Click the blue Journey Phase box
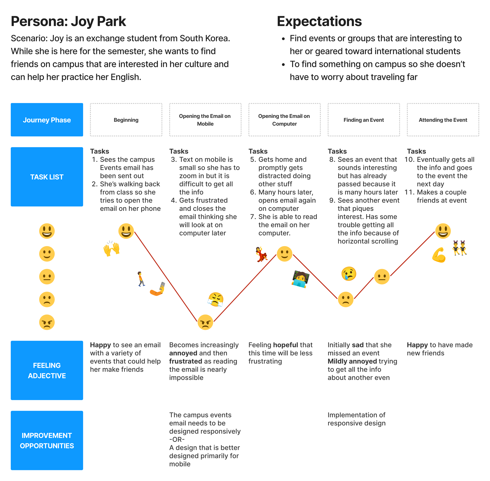pos(47,120)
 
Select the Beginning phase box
pos(126,120)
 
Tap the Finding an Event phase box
pos(363,120)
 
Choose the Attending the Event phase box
pos(442,120)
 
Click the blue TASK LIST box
pos(47,177)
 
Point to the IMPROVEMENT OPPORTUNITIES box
pos(47,440)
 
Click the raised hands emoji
pos(111,249)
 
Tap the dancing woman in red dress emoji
pos(261,254)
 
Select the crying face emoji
pos(349,274)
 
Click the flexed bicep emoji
pos(439,255)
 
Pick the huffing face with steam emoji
pos(216,300)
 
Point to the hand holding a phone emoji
pos(158,289)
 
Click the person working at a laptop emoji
pos(300,279)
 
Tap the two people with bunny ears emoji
pos(459,248)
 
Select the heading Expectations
pos(319,21)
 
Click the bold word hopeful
pos(285,345)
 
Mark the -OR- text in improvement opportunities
pos(177,439)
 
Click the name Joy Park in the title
pos(98,21)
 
